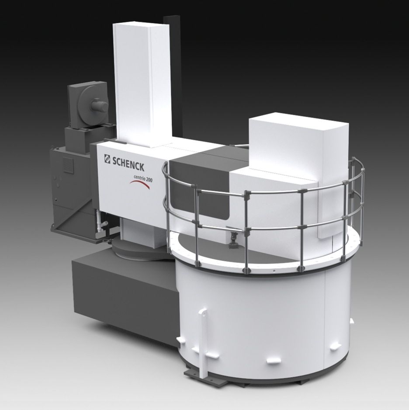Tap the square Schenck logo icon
[x=107, y=159]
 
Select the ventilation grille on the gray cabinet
[x=68, y=164]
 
